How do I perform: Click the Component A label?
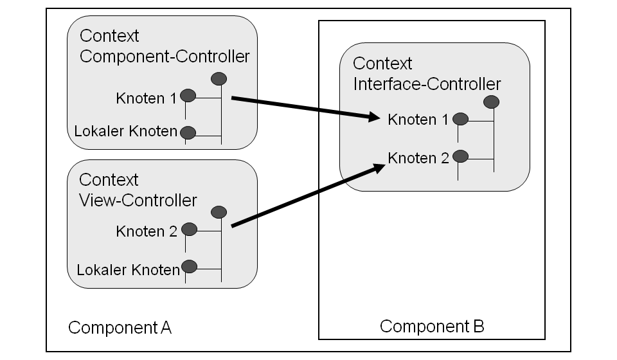coord(120,328)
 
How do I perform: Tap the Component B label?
coord(431,326)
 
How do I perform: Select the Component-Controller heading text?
coord(164,56)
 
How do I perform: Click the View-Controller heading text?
coord(138,200)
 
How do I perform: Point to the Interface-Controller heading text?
coord(427,84)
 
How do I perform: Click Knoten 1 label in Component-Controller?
coord(146,98)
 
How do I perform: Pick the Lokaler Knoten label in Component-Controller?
coord(126,132)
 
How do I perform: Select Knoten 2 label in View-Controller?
coord(147,231)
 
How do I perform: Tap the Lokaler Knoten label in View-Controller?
coord(128,269)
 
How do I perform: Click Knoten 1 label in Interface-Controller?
coord(418,120)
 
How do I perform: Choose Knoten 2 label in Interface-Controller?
coord(418,157)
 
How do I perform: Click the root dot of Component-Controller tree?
coord(219,79)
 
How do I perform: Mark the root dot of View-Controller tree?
coord(219,212)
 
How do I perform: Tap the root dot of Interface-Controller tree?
coord(492,101)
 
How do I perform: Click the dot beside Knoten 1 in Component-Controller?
coord(188,96)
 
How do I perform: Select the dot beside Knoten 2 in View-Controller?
coord(189,229)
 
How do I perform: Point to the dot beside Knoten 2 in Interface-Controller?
coord(460,156)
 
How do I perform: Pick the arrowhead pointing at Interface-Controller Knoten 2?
coord(377,167)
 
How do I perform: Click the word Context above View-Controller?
coord(109,179)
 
